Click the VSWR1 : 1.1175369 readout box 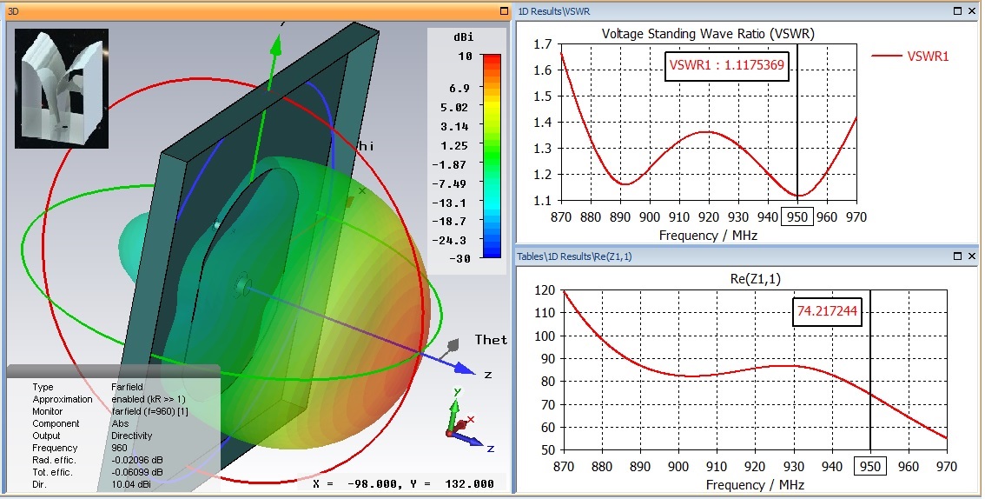tap(727, 65)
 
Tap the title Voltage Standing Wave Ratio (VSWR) tap(708, 34)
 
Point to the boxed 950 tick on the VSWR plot tap(797, 216)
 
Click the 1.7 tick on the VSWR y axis tap(543, 43)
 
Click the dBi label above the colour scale tap(464, 38)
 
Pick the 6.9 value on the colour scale tap(459, 88)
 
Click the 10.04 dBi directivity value tap(130, 484)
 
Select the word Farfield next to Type tap(129, 387)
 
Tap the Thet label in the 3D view tap(491, 339)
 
